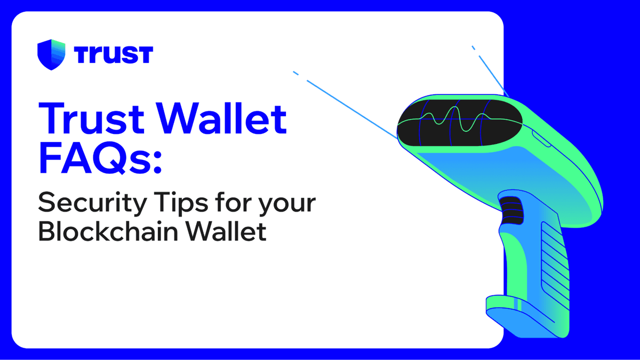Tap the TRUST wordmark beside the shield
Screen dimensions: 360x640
(x=113, y=55)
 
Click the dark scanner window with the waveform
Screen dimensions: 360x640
(x=453, y=122)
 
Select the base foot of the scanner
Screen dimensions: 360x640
(x=528, y=315)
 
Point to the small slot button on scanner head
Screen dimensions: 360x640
(x=540, y=140)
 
